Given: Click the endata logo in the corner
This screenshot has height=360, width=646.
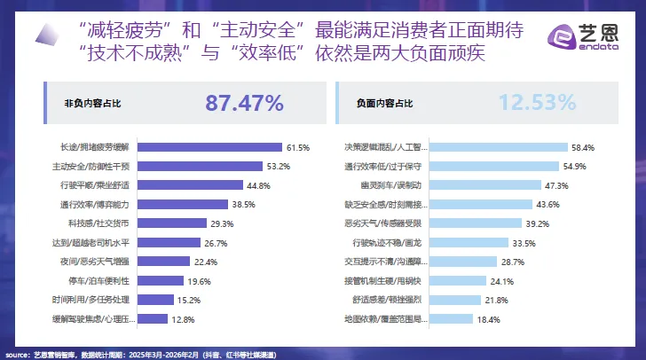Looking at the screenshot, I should click(586, 36).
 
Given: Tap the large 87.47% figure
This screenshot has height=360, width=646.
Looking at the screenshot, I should click(244, 103).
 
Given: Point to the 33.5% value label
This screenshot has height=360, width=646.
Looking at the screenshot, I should click(524, 242).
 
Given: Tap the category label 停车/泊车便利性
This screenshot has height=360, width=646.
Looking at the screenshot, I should click(110, 280).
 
